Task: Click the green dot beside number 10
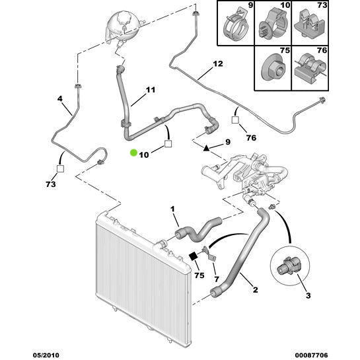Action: (133, 153)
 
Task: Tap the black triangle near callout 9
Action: (206, 148)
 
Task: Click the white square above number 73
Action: (60, 168)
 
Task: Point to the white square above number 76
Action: (235, 120)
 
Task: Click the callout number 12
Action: (218, 63)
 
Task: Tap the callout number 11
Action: (151, 90)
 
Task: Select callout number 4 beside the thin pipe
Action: (59, 98)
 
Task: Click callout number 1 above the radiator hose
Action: (172, 209)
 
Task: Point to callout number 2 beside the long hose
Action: (256, 290)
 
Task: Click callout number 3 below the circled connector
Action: (308, 295)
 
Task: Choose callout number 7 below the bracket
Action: (217, 279)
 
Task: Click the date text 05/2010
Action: (46, 355)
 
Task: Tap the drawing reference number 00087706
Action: (310, 355)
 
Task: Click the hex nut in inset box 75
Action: (273, 68)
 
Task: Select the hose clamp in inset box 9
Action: (236, 25)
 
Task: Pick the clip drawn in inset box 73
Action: (309, 24)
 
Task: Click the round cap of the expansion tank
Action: (125, 18)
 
